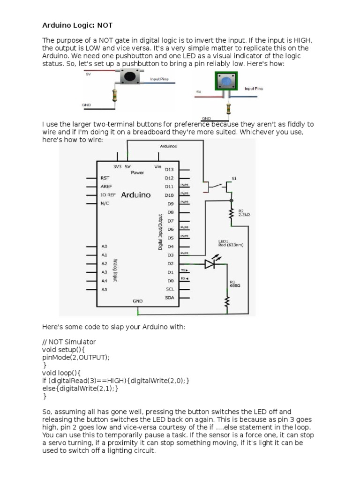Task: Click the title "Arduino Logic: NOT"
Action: (x=77, y=24)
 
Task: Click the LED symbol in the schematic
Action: (x=210, y=264)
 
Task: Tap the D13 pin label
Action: (x=169, y=169)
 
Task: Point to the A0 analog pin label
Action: (x=104, y=246)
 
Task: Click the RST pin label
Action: (x=105, y=178)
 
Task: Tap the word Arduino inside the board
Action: (x=136, y=195)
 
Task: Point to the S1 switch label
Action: (x=234, y=179)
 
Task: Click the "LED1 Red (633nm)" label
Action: (x=231, y=244)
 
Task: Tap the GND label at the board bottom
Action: (x=137, y=301)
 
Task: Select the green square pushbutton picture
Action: (x=225, y=82)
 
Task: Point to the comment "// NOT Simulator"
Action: (x=68, y=342)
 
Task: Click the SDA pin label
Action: (x=170, y=298)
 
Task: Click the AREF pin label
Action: (x=106, y=187)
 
